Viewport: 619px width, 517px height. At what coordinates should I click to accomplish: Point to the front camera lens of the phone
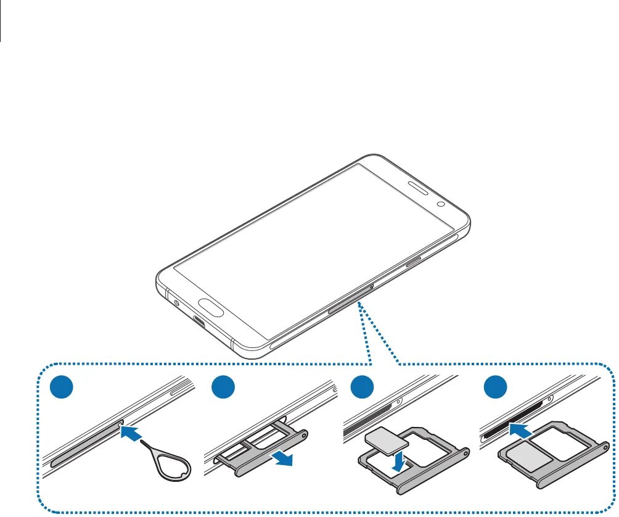pos(441,204)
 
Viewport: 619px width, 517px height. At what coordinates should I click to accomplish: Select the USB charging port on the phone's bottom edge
pos(200,321)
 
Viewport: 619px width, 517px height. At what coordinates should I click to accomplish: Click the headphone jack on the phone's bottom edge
pos(178,303)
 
